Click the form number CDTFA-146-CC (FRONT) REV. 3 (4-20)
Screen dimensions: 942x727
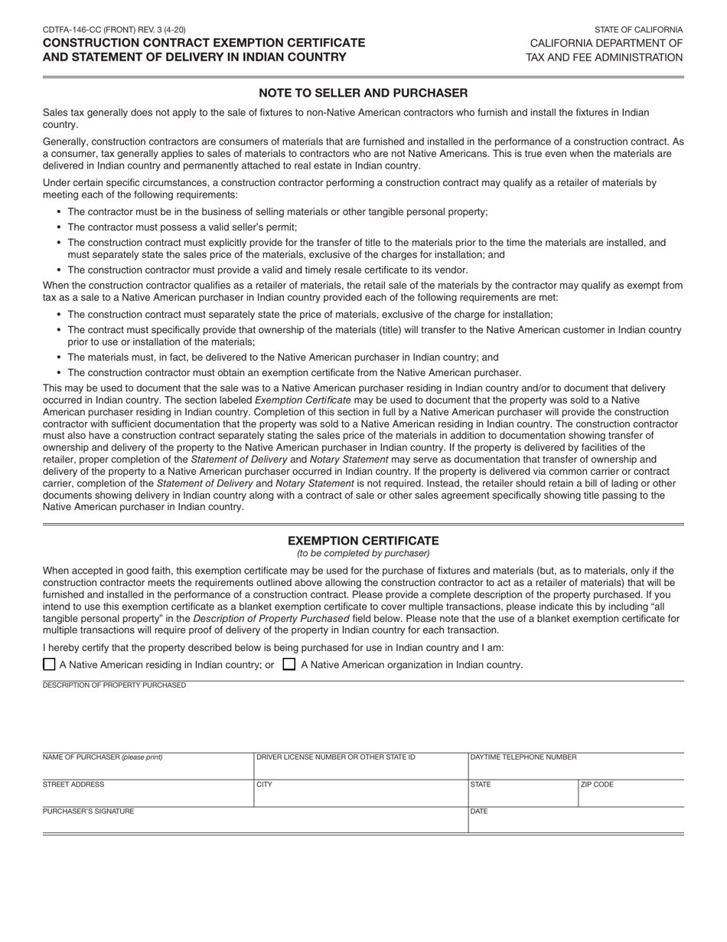(114, 30)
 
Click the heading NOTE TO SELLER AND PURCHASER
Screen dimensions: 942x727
(363, 93)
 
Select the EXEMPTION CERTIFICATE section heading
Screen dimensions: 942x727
(363, 541)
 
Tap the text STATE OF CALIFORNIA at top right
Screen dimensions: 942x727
(638, 30)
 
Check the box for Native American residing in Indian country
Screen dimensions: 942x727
(49, 664)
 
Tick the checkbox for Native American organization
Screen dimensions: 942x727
(289, 664)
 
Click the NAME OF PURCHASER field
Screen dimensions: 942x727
(147, 768)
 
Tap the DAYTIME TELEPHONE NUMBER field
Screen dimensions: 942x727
(575, 768)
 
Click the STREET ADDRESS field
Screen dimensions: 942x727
(147, 796)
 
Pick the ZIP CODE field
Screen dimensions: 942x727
(631, 796)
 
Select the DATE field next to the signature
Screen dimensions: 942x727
(575, 822)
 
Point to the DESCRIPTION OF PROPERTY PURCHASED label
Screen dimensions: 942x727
(114, 685)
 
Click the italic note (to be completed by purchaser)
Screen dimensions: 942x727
(363, 553)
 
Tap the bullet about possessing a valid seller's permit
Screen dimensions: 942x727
(182, 227)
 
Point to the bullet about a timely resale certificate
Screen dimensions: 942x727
(267, 270)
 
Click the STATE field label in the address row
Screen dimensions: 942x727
(481, 785)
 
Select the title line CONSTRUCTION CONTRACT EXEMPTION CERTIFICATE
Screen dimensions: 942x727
(204, 43)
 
